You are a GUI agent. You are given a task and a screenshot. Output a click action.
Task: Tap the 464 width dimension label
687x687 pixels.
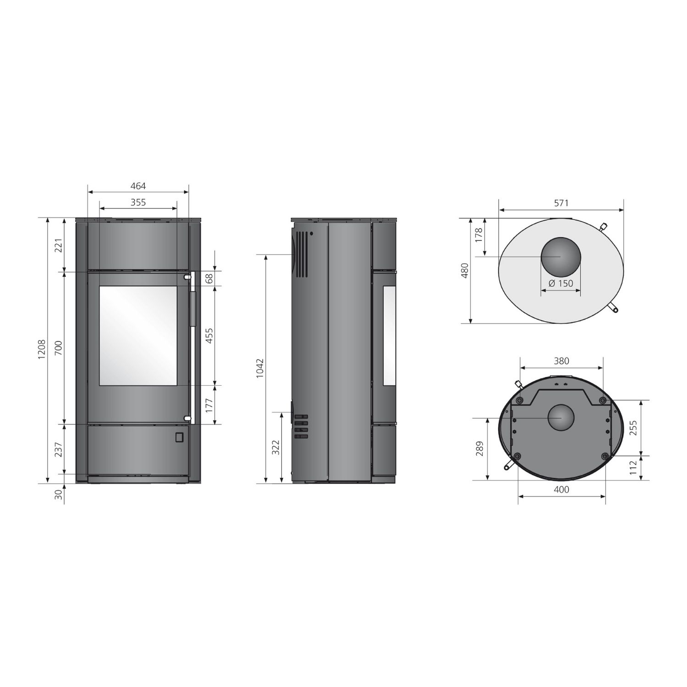click(x=138, y=186)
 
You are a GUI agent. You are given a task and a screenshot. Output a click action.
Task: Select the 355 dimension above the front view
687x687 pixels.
click(x=138, y=202)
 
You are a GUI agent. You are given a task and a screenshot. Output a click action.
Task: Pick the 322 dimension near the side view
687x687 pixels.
click(x=276, y=447)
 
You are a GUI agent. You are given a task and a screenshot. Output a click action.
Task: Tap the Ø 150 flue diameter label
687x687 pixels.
click(x=561, y=283)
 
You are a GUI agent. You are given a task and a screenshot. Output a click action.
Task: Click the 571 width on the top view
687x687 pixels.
click(x=561, y=203)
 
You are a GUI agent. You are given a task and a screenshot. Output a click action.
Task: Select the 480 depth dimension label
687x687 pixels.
click(x=465, y=271)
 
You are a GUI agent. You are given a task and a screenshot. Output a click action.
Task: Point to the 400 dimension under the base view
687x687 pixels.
click(x=562, y=490)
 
